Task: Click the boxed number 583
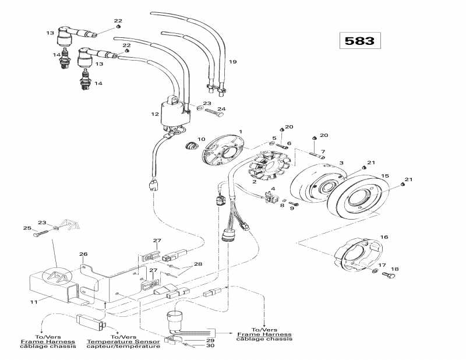click(x=360, y=41)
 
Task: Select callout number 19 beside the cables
click(x=232, y=62)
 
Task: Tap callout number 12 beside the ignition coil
click(x=155, y=114)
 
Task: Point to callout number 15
click(x=384, y=176)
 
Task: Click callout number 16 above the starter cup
click(x=384, y=237)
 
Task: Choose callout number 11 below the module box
click(x=33, y=302)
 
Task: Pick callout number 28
click(x=198, y=264)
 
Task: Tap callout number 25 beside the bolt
click(x=26, y=227)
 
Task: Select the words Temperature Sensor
click(x=123, y=341)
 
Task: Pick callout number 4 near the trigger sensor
click(x=273, y=188)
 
